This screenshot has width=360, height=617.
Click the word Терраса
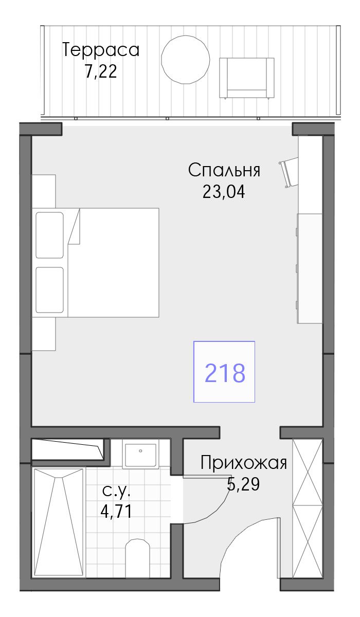101,50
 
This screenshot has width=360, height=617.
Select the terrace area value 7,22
101,71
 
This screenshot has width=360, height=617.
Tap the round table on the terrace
185,60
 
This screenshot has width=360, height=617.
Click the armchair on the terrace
246,78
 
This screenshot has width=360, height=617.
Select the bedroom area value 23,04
224,192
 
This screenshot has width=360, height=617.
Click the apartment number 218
225,373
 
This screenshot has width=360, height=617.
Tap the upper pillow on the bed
49,235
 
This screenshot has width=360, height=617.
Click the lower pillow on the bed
49,290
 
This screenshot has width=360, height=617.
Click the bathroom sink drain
140,451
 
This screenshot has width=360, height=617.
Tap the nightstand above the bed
44,191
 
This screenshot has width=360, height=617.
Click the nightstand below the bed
44,334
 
